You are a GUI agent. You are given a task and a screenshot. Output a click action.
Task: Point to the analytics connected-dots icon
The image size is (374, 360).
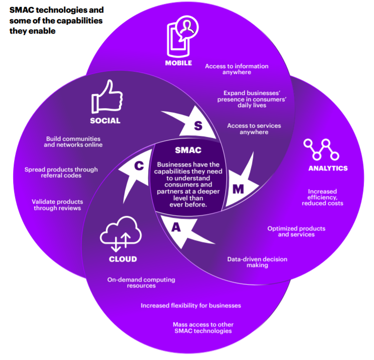pos(320,149)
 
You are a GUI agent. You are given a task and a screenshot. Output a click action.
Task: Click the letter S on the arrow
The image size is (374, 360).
pos(197,126)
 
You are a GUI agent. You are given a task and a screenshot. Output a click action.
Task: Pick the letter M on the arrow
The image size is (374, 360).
pos(237,189)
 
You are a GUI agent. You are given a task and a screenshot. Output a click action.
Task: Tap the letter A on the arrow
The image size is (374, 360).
pos(176,227)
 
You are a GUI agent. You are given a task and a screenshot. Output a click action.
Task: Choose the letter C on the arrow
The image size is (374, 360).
pos(139,166)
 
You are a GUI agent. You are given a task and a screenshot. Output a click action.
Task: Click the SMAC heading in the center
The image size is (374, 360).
pos(188,151)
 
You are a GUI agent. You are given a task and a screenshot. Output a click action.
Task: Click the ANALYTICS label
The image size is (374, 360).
pos(328,168)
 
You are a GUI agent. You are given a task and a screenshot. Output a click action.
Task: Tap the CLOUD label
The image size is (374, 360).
pos(122,259)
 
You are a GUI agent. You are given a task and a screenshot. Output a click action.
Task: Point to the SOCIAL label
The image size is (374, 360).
pos(105,121)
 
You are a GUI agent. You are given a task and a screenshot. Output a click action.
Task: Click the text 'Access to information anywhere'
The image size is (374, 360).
pos(236,69)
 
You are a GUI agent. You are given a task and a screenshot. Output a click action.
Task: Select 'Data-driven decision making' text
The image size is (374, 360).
pos(257,262)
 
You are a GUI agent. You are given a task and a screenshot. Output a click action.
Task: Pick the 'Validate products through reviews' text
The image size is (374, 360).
pos(57,205)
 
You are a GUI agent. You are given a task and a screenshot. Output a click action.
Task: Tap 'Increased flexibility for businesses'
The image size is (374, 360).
pos(191,305)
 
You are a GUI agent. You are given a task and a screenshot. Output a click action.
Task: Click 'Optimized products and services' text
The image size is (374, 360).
pos(296,231)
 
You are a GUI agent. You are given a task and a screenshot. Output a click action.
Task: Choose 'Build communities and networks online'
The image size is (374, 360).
pos(73,142)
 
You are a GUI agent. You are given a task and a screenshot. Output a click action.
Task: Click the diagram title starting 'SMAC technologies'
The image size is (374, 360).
pos(57,20)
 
